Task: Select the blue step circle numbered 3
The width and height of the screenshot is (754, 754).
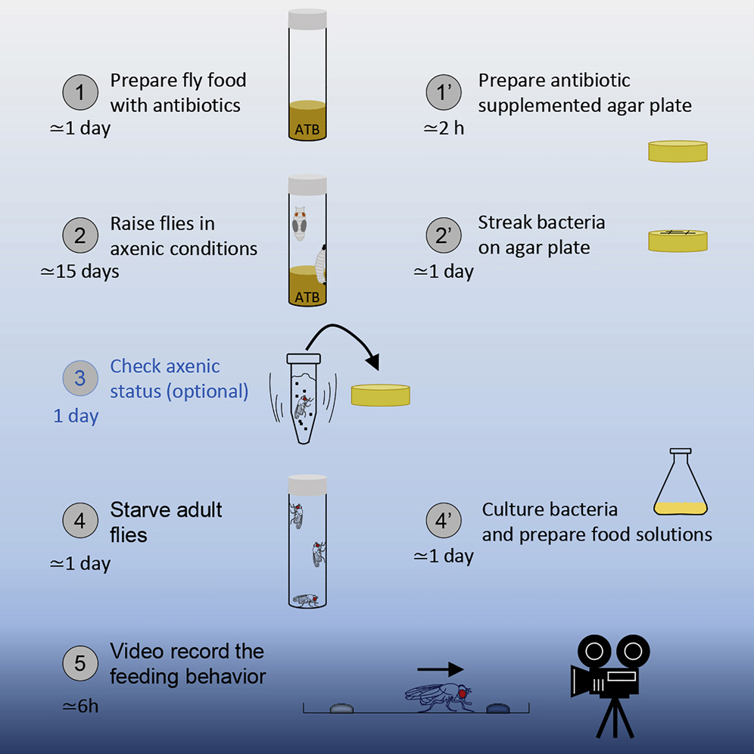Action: pos(79,379)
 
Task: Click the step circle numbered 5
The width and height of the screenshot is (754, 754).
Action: pos(79,665)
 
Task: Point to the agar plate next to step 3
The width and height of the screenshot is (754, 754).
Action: pos(380,394)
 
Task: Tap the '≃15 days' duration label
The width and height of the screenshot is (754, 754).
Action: pos(79,271)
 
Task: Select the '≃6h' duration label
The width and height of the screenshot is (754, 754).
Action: pos(80,707)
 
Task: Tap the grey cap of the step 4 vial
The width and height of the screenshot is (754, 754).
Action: pos(307,484)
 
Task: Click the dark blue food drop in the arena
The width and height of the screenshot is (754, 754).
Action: pos(498,709)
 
